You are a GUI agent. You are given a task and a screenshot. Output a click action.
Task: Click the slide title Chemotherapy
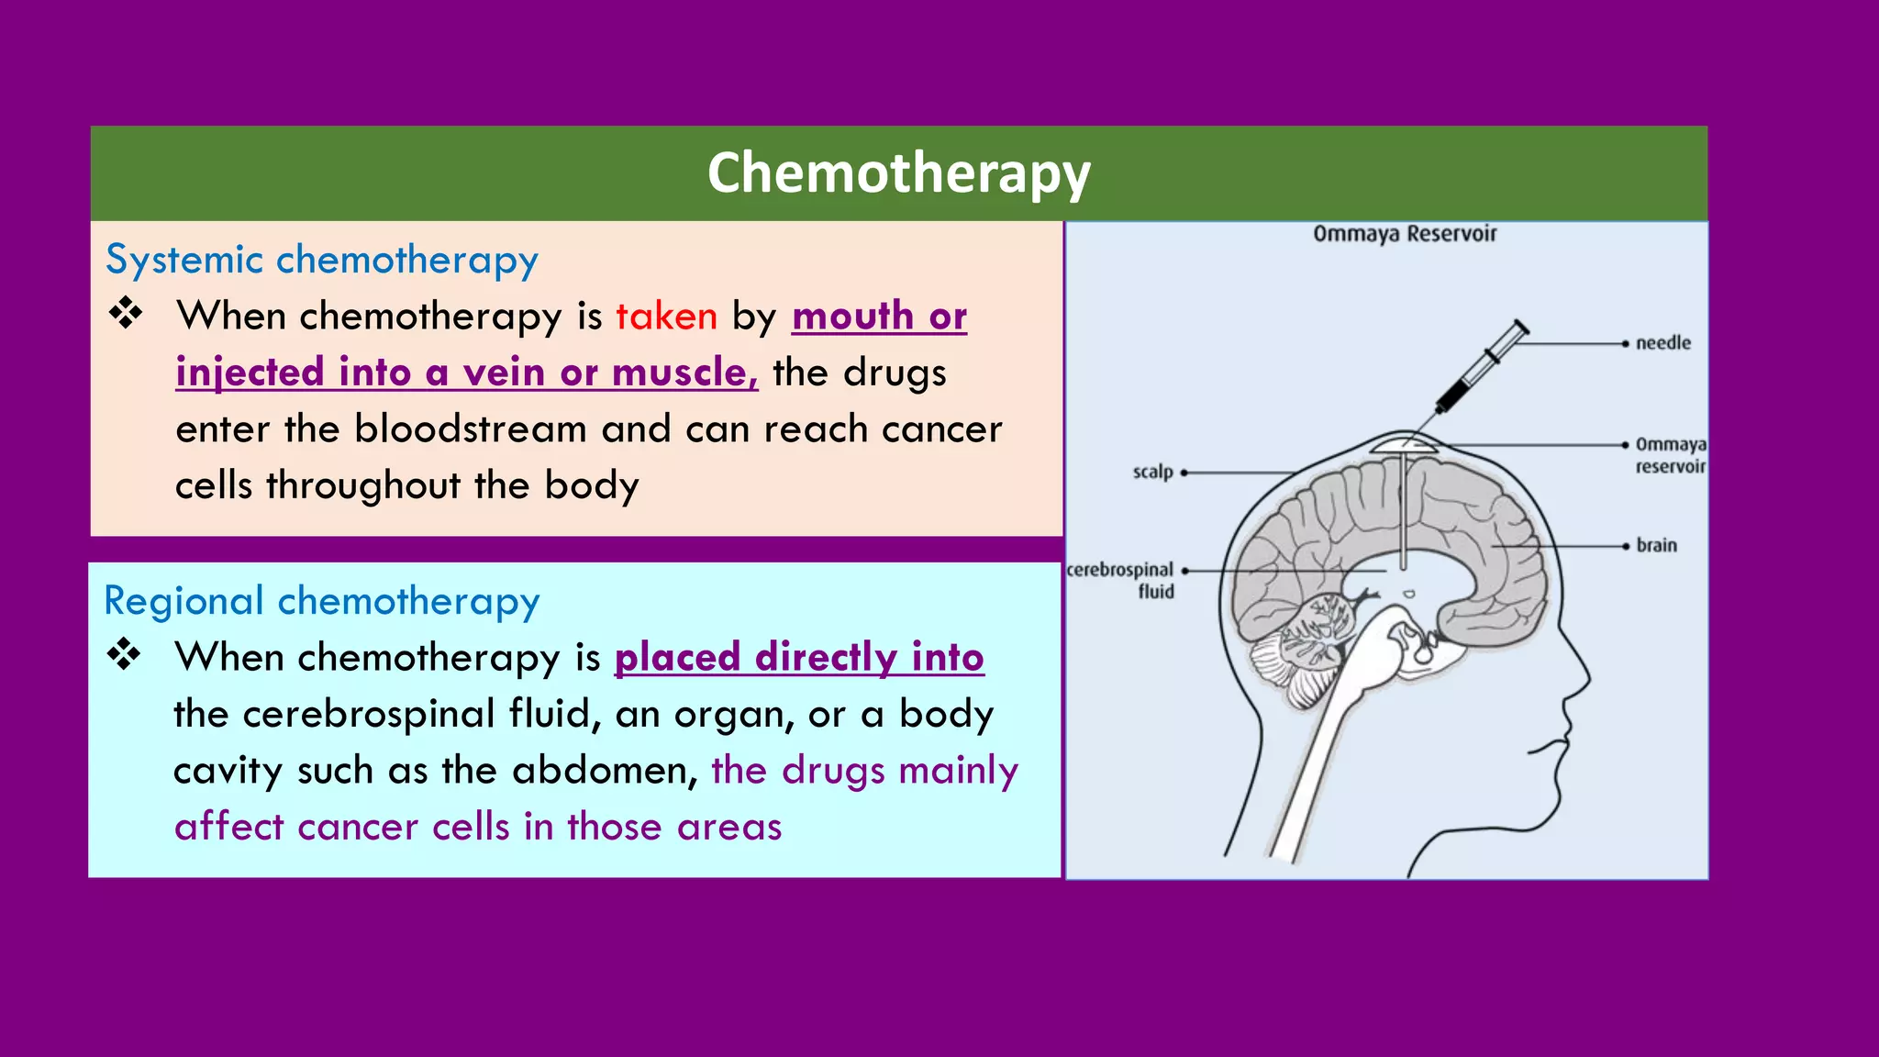point(898,173)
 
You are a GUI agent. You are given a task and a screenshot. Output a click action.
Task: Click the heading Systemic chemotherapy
point(321,260)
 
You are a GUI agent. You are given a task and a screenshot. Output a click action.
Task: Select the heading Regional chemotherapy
point(321,601)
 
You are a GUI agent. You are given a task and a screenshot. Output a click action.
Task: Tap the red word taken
point(666,317)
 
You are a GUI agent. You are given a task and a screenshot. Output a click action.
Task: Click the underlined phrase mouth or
point(879,317)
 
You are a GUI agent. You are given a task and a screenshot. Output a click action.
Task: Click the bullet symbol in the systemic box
point(126,314)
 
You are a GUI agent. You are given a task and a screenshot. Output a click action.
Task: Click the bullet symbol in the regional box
point(124,655)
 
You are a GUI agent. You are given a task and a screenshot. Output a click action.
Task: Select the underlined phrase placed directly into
point(799,658)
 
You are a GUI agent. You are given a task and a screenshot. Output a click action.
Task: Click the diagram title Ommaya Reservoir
point(1404,234)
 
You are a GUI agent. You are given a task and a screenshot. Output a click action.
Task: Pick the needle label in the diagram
point(1662,343)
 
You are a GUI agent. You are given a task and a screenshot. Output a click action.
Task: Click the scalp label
point(1152,472)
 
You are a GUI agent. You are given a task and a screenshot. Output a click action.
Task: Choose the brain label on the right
point(1656,545)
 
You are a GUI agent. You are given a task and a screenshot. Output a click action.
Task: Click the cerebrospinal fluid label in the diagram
point(1121,580)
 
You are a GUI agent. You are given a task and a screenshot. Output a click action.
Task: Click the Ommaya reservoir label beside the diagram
point(1670,455)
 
